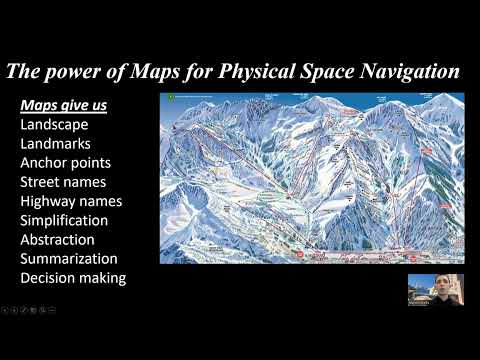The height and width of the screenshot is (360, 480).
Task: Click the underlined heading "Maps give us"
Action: pyautogui.click(x=64, y=105)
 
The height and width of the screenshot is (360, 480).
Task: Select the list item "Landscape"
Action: pyautogui.click(x=54, y=125)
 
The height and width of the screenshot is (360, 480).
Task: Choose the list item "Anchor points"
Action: pyautogui.click(x=65, y=163)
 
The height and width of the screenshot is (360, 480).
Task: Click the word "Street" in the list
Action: pyautogui.click(x=43, y=182)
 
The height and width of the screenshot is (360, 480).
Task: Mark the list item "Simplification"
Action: pyautogui.click(x=64, y=220)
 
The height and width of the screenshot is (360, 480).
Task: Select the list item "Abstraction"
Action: pyautogui.click(x=57, y=240)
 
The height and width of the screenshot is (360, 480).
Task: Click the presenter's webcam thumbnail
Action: pyautogui.click(x=435, y=289)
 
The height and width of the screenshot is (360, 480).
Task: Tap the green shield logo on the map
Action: pyautogui.click(x=170, y=98)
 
